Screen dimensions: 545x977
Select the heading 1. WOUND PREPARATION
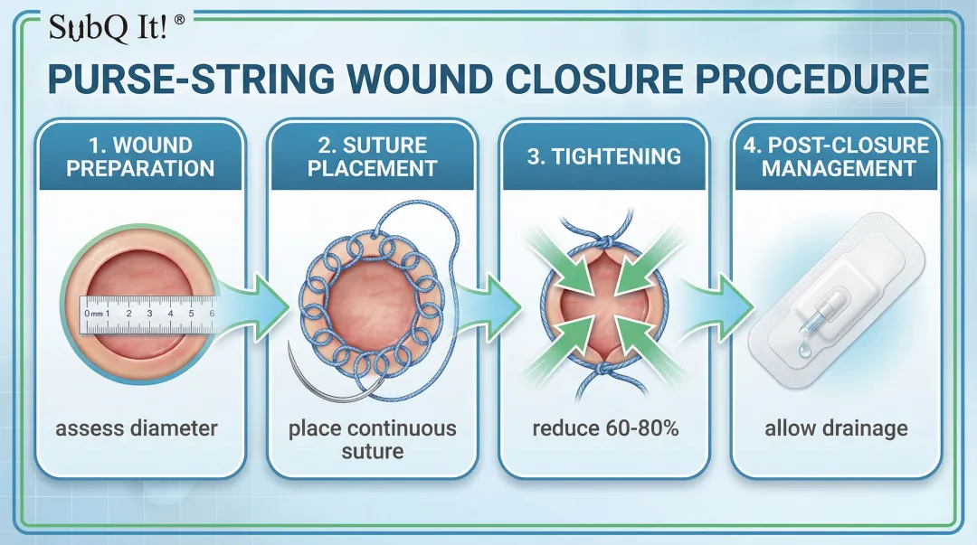pos(139,156)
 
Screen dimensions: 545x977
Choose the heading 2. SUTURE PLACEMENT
pos(372,156)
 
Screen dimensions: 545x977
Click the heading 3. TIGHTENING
pos(603,155)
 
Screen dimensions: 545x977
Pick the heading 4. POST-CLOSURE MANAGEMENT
pos(836,156)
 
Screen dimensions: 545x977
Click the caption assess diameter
pos(137,428)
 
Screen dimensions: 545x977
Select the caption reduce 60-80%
pos(605,428)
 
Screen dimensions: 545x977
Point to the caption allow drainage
pos(836,428)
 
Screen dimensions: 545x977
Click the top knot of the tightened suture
pos(601,246)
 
